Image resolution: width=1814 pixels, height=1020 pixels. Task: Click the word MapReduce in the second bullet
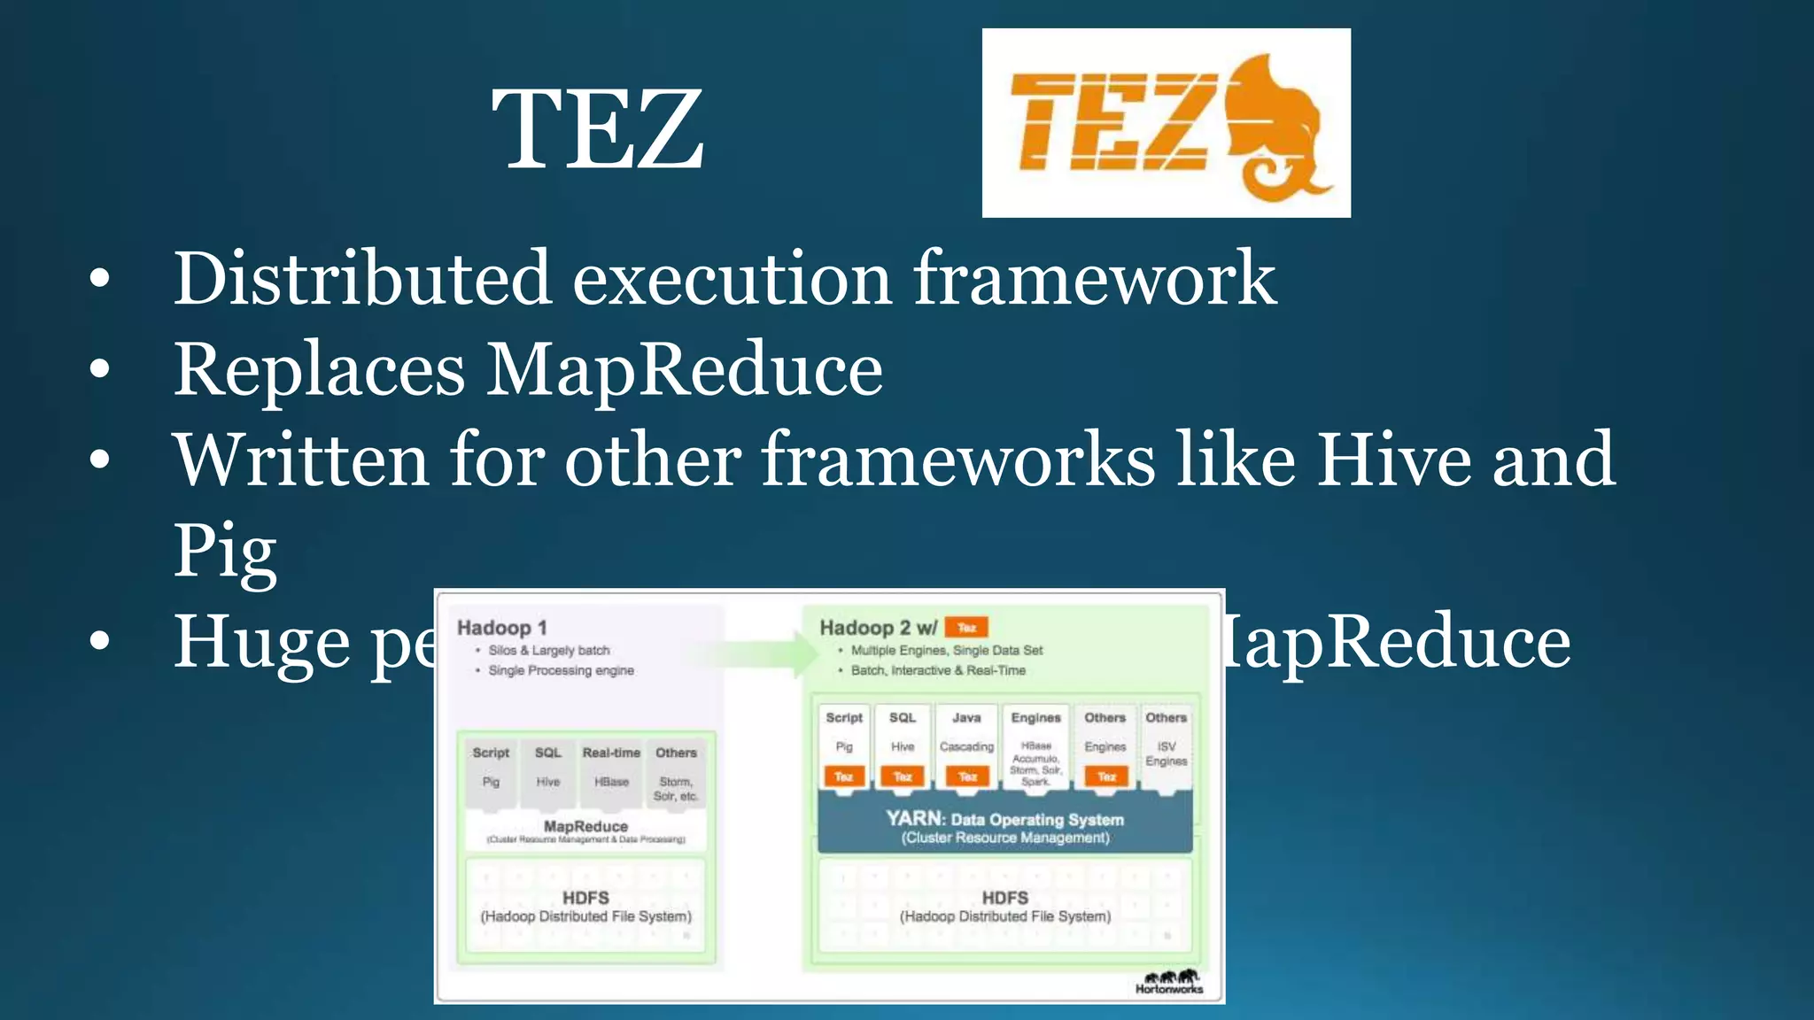pyautogui.click(x=684, y=369)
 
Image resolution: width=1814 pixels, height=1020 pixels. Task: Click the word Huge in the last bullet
pyautogui.click(x=261, y=642)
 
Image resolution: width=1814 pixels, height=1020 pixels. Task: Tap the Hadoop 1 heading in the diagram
pyautogui.click(x=501, y=628)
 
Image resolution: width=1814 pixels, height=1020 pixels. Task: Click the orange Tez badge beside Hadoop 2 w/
pyautogui.click(x=966, y=628)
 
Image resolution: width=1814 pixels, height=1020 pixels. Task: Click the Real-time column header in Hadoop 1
pyautogui.click(x=611, y=753)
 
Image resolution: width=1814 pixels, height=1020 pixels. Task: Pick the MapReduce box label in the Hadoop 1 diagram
pyautogui.click(x=585, y=826)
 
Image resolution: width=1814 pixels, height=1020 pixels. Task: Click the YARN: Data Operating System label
pyautogui.click(x=1004, y=820)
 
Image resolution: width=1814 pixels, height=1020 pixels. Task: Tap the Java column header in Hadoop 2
pyautogui.click(x=966, y=717)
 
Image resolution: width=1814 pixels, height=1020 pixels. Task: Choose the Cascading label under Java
pyautogui.click(x=966, y=746)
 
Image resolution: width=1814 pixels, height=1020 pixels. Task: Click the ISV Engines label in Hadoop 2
pyautogui.click(x=1166, y=753)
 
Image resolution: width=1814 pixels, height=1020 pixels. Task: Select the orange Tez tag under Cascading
pyautogui.click(x=967, y=777)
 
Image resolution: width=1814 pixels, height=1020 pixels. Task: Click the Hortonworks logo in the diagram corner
pyautogui.click(x=1169, y=982)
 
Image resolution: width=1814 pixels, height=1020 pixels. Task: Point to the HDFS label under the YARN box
pyautogui.click(x=1004, y=898)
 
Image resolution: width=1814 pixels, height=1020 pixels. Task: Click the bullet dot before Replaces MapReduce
pyautogui.click(x=100, y=369)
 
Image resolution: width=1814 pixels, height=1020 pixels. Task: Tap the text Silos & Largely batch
pyautogui.click(x=549, y=650)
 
